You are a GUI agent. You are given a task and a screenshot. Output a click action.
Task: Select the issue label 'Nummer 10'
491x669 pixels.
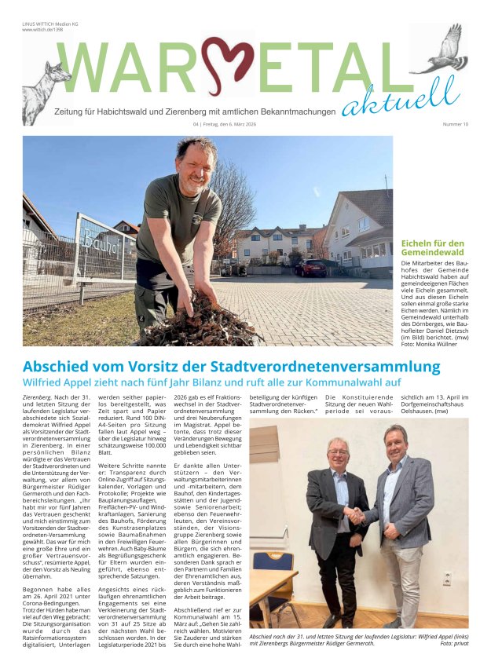click(455, 124)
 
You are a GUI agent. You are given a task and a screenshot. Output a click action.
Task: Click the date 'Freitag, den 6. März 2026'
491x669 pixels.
click(236, 124)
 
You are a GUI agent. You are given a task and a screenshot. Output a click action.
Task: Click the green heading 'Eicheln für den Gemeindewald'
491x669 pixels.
click(433, 248)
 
